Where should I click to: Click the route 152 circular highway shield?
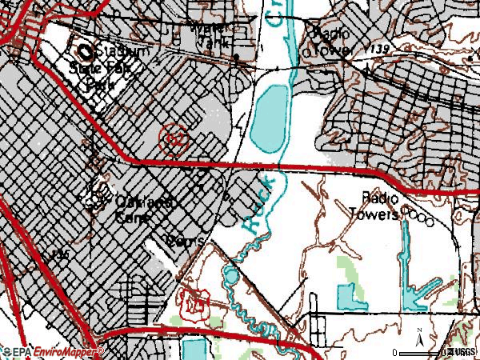[x=174, y=138]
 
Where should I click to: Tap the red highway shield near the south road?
[x=193, y=302]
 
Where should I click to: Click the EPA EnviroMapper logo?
[x=52, y=352]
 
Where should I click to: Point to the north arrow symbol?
[x=418, y=334]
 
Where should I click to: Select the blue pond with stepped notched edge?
[x=348, y=298]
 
